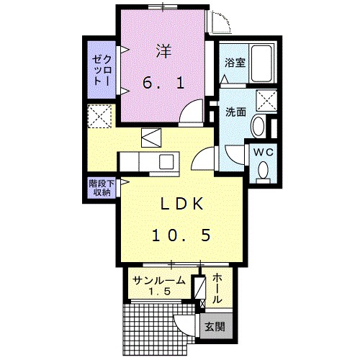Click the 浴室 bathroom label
point(235,63)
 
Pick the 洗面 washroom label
point(235,112)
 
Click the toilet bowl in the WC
point(263,170)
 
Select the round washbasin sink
point(258,127)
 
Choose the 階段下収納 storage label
point(99,188)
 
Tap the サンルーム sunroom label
point(158,281)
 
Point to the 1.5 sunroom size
point(158,292)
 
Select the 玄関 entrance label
point(214,325)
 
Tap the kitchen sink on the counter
point(166,161)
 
